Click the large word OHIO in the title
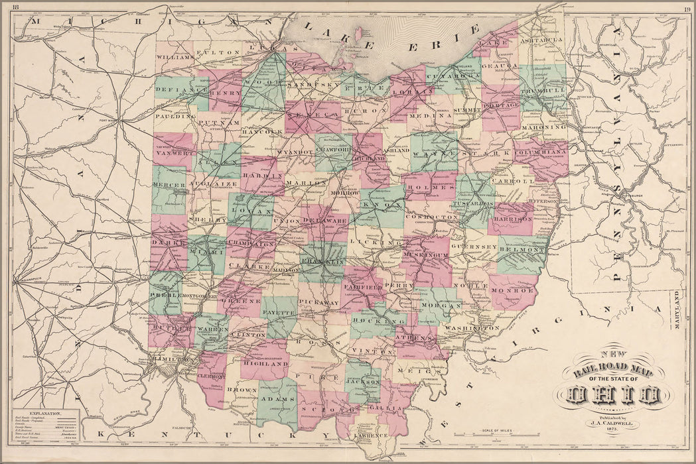coord(614,396)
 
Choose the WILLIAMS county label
coord(175,58)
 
